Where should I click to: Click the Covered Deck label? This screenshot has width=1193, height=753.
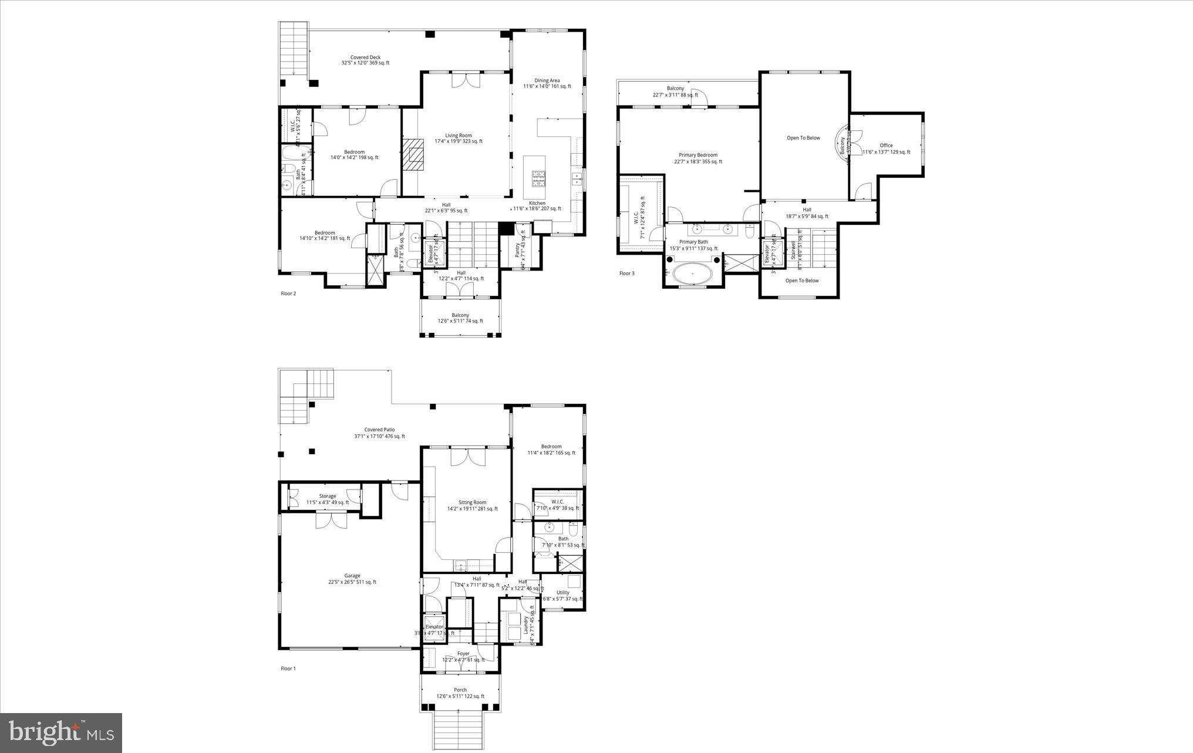[x=365, y=60]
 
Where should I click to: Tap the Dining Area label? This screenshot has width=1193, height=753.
[x=547, y=83]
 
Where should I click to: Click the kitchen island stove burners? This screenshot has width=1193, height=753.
[x=538, y=178]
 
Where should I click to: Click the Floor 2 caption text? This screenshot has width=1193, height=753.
[x=288, y=293]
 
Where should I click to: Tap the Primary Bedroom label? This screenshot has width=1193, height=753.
[x=697, y=158]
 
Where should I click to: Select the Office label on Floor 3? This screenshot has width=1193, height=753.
[x=886, y=148]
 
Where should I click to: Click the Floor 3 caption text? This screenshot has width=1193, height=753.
[x=626, y=273]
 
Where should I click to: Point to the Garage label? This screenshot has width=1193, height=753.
[x=352, y=579]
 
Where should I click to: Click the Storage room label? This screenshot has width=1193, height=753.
[x=328, y=499]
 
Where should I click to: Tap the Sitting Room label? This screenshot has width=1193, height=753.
[x=472, y=505]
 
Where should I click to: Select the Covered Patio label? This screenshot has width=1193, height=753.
[x=379, y=433]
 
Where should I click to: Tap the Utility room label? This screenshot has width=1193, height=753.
[x=562, y=595]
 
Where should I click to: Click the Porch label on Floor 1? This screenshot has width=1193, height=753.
[x=460, y=693]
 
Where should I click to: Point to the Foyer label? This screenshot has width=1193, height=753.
[x=463, y=656]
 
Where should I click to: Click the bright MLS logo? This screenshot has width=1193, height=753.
[x=61, y=732]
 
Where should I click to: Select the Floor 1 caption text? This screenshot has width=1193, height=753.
[x=288, y=668]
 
